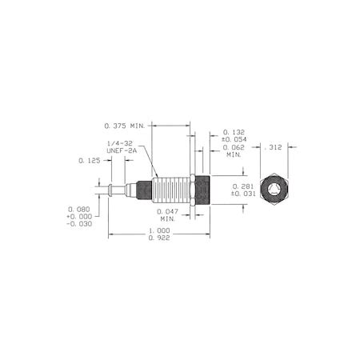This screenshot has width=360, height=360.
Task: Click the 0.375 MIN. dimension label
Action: coord(126,125)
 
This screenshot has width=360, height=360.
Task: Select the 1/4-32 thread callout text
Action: coord(122,143)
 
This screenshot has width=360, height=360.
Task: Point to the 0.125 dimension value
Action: coord(90,161)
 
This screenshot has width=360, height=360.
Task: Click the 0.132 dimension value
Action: coord(233,131)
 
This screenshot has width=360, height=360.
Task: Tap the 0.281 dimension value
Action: coord(242,185)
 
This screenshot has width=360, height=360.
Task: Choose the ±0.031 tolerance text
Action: coord(242,193)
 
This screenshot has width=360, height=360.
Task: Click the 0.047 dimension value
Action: coord(167,211)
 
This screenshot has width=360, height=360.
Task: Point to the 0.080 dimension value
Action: coord(78,210)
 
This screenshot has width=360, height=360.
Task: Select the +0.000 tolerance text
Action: coord(78,217)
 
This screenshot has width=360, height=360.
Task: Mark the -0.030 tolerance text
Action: coord(78,224)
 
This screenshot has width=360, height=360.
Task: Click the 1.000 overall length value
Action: coord(160,230)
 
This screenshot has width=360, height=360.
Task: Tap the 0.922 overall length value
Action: coord(160,238)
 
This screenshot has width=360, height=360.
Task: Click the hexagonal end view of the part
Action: coord(274,190)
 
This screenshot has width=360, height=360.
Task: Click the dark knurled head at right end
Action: coord(202,190)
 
